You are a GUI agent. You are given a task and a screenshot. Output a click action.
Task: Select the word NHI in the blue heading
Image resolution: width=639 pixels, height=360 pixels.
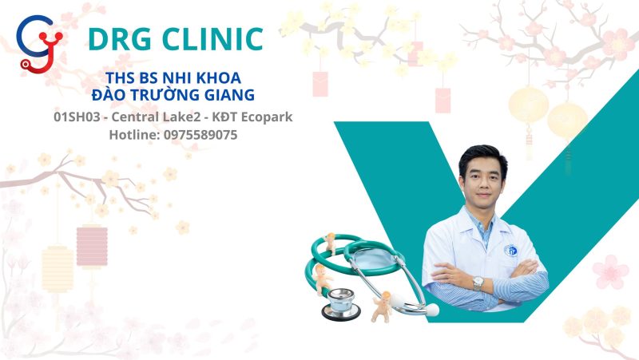tap(174, 78)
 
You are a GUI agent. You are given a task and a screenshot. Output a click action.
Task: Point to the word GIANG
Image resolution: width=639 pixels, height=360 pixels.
tap(228, 96)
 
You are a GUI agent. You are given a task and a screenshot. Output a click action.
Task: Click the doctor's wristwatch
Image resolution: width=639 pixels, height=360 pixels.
tap(478, 283)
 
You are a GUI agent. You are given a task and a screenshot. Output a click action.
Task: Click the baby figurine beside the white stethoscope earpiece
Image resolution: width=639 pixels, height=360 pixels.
tap(381, 306)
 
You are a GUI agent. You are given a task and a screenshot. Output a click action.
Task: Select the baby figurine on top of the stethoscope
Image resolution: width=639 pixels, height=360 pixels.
tap(330, 243)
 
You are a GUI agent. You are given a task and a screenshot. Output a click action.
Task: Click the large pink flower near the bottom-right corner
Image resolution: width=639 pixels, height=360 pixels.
tap(610, 271)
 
